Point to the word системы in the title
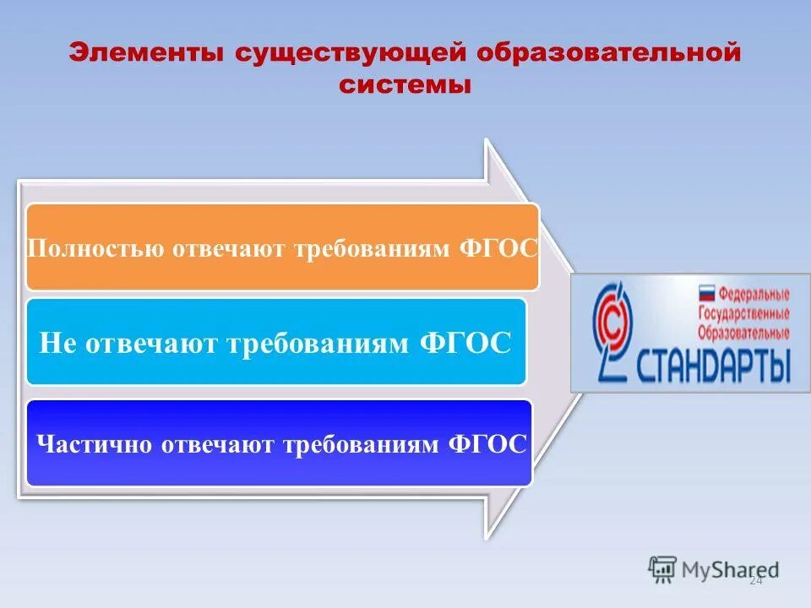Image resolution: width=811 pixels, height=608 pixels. click(405, 84)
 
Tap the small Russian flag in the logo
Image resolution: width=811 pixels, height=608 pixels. click(705, 295)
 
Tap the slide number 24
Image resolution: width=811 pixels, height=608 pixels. click(755, 581)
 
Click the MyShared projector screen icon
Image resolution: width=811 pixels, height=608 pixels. click(663, 568)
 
